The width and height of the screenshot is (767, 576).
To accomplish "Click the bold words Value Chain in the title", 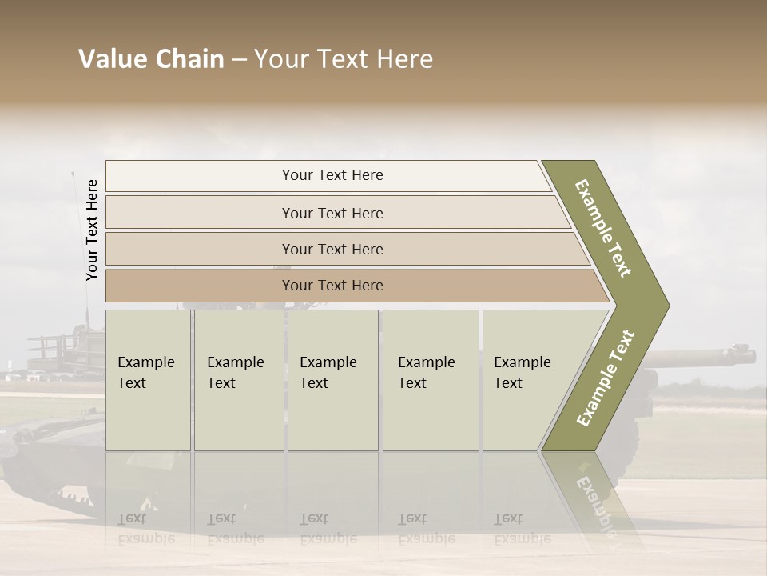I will pyautogui.click(x=151, y=59).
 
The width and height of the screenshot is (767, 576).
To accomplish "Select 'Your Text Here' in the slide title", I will pyautogui.click(x=344, y=59).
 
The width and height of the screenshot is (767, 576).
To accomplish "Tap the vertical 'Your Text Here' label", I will pyautogui.click(x=92, y=230).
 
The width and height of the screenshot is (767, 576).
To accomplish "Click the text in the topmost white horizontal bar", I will pyautogui.click(x=332, y=175).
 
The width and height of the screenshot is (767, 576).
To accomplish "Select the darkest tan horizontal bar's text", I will pyautogui.click(x=332, y=286).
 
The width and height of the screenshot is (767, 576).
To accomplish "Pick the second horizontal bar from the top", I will pyautogui.click(x=332, y=214).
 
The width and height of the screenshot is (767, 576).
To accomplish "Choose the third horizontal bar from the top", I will pyautogui.click(x=332, y=250).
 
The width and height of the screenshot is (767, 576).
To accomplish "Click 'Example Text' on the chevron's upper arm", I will pyautogui.click(x=603, y=228).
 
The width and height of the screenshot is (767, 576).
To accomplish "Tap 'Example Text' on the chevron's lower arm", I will pyautogui.click(x=606, y=378).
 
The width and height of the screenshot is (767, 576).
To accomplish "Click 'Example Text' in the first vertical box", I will pyautogui.click(x=145, y=373).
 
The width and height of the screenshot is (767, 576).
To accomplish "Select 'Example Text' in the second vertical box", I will pyautogui.click(x=235, y=373).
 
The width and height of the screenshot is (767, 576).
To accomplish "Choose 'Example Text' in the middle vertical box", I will pyautogui.click(x=328, y=373).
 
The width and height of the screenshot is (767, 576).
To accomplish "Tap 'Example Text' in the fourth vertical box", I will pyautogui.click(x=426, y=373).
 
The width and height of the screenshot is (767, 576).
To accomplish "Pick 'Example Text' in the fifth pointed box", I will pyautogui.click(x=522, y=373).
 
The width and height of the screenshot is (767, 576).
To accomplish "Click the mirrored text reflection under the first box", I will pyautogui.click(x=145, y=529).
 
